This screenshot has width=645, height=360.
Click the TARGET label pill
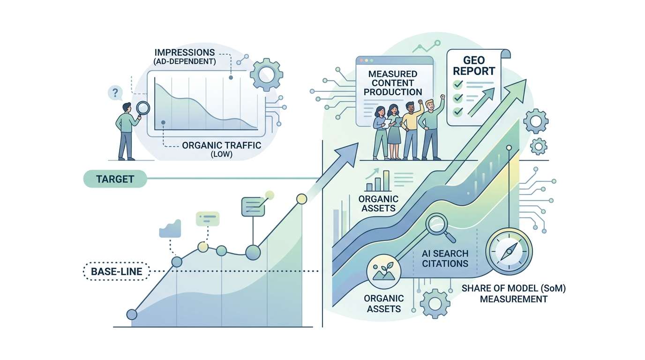[x=115, y=179]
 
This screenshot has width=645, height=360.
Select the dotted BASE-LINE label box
[x=116, y=271]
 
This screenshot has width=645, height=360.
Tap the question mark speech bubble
[x=115, y=93]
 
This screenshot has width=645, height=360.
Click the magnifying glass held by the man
[x=143, y=109]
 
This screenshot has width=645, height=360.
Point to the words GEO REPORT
[x=473, y=66]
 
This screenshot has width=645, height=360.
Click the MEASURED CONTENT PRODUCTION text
[x=393, y=83]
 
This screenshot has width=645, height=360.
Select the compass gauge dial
[x=509, y=251]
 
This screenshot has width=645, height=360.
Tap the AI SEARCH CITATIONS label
[x=445, y=258]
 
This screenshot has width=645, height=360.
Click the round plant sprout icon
[x=384, y=271]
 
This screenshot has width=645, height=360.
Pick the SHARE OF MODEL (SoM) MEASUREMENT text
[x=514, y=293]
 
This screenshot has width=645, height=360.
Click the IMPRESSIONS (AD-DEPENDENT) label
[x=185, y=57]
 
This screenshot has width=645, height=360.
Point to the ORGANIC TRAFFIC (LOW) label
[x=221, y=149]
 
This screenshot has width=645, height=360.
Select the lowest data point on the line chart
[x=132, y=314]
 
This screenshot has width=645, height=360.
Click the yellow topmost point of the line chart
[x=301, y=199]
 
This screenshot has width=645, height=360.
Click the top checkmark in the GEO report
[x=458, y=84]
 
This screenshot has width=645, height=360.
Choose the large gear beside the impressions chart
[x=266, y=75]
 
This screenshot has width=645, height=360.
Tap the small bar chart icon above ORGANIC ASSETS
[x=378, y=180]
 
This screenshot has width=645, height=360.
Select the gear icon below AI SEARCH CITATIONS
[x=435, y=303]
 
